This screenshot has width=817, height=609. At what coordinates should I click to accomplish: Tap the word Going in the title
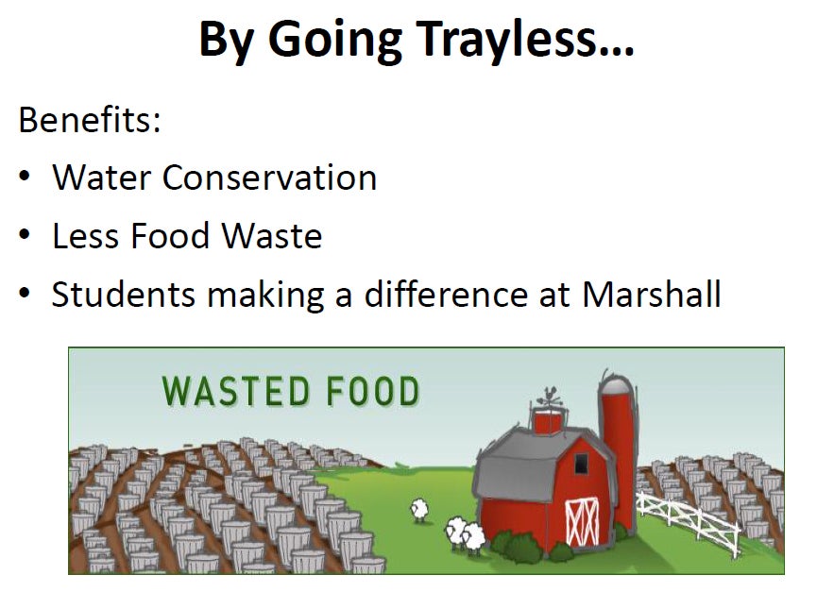click(x=334, y=39)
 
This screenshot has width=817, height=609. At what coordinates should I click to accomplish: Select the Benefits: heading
click(x=90, y=120)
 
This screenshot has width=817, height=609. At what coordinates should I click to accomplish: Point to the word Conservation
click(x=269, y=178)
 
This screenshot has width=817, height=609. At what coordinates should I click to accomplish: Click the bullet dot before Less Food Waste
click(x=25, y=235)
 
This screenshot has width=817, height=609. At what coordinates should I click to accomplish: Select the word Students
click(x=124, y=295)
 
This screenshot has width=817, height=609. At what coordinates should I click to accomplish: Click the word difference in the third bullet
click(x=447, y=295)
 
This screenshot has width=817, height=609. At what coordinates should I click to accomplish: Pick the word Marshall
click(x=652, y=295)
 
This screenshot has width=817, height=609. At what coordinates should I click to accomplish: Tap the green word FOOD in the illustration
click(x=373, y=391)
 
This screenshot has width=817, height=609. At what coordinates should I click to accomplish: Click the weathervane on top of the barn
click(x=549, y=398)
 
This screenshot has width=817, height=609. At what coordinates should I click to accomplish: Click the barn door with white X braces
click(x=583, y=522)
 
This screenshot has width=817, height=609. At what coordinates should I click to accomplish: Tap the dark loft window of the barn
click(x=580, y=463)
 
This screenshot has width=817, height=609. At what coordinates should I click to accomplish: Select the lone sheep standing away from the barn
click(x=419, y=510)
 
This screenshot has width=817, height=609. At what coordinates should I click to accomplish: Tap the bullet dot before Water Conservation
click(x=25, y=176)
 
